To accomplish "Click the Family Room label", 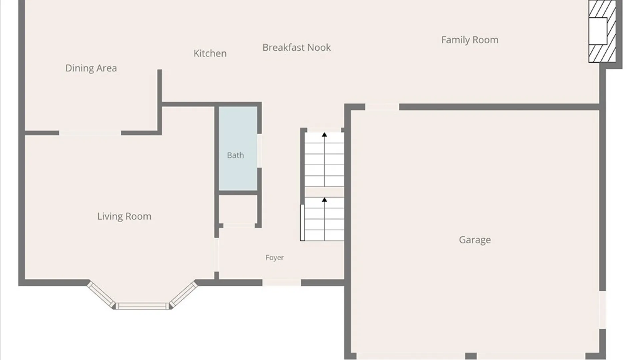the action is point(470,40).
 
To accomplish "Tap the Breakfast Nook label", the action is point(297,47).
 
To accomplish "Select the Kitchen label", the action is point(210,53).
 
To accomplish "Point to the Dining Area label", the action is point(91,68).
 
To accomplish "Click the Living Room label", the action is point(124,216).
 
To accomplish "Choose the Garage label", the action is point(475,240).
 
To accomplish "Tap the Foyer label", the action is point(275,258).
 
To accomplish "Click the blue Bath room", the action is point(238,148).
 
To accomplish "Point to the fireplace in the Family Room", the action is point(602,31).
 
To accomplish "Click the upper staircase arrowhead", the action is point(324,135).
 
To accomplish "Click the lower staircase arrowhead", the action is point(324,200).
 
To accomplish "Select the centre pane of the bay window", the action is point(142,306).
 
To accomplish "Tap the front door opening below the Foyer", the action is point(282,283).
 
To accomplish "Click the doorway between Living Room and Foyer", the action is point(217,255).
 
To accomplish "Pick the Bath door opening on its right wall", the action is point(259,151).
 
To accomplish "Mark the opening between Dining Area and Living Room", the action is point(90,133).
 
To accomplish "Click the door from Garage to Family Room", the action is point(382,107).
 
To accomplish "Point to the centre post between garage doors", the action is point(471,356).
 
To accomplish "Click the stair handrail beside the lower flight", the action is point(302,222).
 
